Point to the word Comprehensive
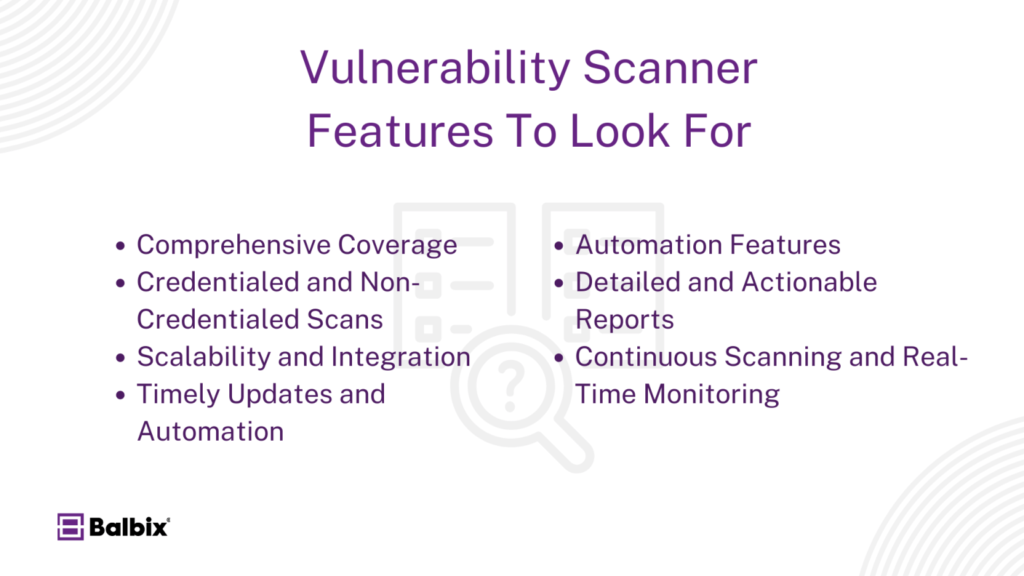tap(233, 245)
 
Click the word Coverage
tap(397, 245)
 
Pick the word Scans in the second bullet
tap(345, 320)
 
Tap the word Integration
tap(401, 357)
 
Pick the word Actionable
tap(809, 283)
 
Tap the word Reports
tap(625, 320)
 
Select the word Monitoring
tap(711, 395)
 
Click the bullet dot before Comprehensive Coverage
tap(120, 246)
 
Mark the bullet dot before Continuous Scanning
tap(559, 358)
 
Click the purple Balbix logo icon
tap(70, 527)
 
